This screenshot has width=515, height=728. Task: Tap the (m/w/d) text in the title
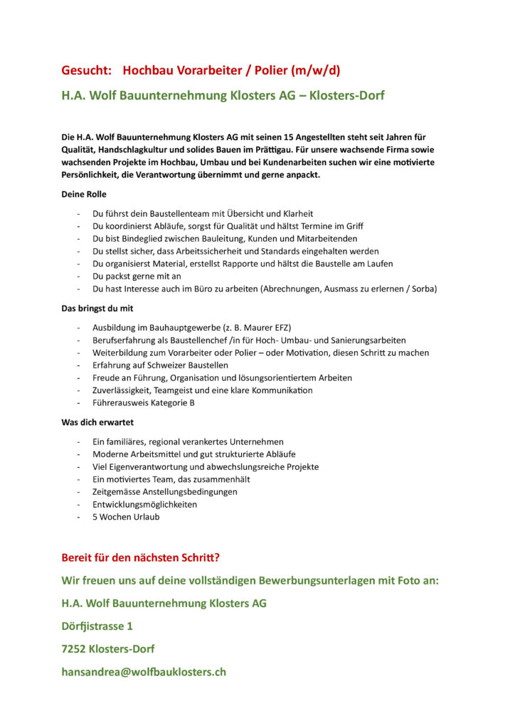pyautogui.click(x=315, y=70)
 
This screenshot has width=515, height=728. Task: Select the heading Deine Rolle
pyautogui.click(x=84, y=194)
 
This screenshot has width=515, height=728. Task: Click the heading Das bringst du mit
pyautogui.click(x=97, y=309)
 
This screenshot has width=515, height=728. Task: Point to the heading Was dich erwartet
pyautogui.click(x=97, y=422)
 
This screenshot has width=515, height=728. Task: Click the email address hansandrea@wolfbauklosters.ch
pyautogui.click(x=144, y=671)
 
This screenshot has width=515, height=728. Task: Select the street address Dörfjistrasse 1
pyautogui.click(x=97, y=626)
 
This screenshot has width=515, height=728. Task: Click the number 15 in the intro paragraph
pyautogui.click(x=289, y=136)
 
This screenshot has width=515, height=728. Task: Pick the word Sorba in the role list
pyautogui.click(x=424, y=289)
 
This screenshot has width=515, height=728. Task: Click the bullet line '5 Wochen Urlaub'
pyautogui.click(x=126, y=517)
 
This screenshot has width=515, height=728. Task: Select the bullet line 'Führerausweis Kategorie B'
pyautogui.click(x=144, y=403)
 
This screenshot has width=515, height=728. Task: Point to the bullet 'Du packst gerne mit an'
pyautogui.click(x=137, y=277)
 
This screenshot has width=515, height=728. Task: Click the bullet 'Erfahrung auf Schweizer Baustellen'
pyautogui.click(x=160, y=365)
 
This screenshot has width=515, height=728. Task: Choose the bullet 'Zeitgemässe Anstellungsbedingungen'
pyautogui.click(x=165, y=491)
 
